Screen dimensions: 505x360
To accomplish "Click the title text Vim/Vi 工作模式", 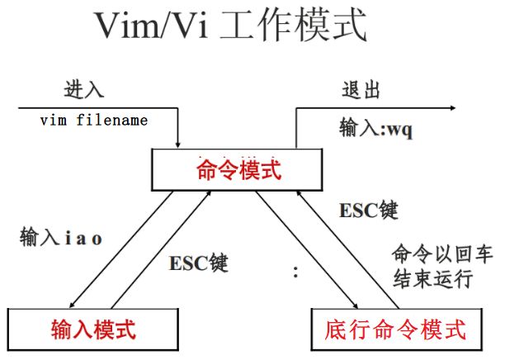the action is (x=230, y=26).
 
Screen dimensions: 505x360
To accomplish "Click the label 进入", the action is (x=84, y=89).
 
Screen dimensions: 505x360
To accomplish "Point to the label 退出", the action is (x=361, y=89).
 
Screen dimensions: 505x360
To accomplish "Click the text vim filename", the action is (x=94, y=121).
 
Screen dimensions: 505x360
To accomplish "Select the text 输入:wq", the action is (x=375, y=128).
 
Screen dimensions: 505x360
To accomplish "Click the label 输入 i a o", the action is (x=61, y=237).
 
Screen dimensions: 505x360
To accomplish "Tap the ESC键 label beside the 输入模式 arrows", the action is (x=199, y=263).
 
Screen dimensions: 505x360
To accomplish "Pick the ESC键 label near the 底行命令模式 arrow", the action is (x=369, y=210).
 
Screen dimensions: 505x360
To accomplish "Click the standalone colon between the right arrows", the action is (x=295, y=272).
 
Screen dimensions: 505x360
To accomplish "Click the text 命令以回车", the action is (x=442, y=253).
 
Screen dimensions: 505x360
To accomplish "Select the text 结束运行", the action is (x=432, y=278).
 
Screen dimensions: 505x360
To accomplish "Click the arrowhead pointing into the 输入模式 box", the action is (x=72, y=305).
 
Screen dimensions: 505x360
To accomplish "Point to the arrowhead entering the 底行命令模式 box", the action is (x=356, y=306).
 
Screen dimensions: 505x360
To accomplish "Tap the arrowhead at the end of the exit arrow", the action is (x=452, y=108).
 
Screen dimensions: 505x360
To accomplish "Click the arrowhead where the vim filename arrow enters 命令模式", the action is (x=177, y=144).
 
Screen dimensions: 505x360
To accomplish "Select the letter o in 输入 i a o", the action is (x=97, y=239).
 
